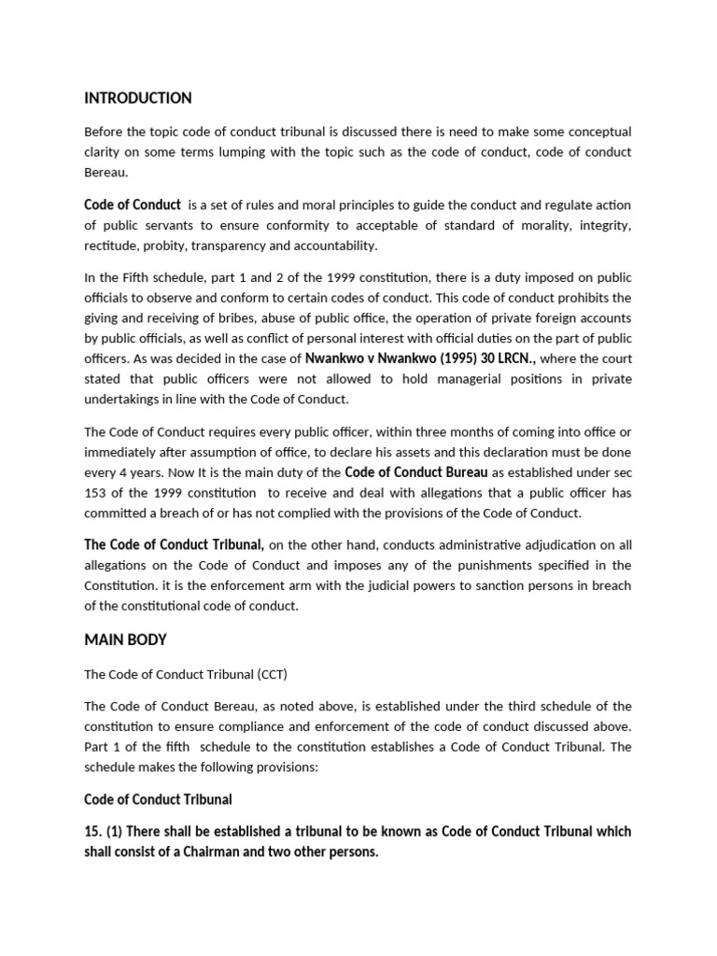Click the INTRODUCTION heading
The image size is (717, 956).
pyautogui.click(x=138, y=98)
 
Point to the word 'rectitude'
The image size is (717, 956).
pyautogui.click(x=112, y=246)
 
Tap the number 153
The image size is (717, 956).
pyautogui.click(x=96, y=492)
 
